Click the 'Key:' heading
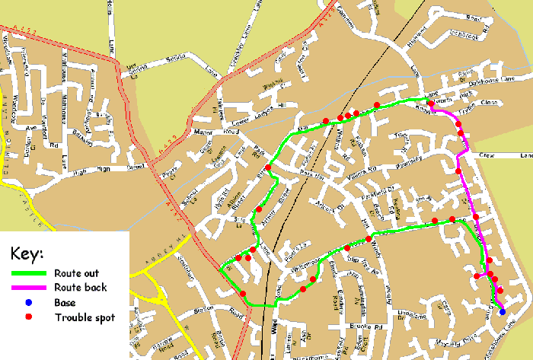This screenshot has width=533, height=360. [x=27, y=253]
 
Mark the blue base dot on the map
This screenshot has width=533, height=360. [x=502, y=311]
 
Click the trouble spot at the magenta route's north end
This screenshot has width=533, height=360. [x=431, y=104]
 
